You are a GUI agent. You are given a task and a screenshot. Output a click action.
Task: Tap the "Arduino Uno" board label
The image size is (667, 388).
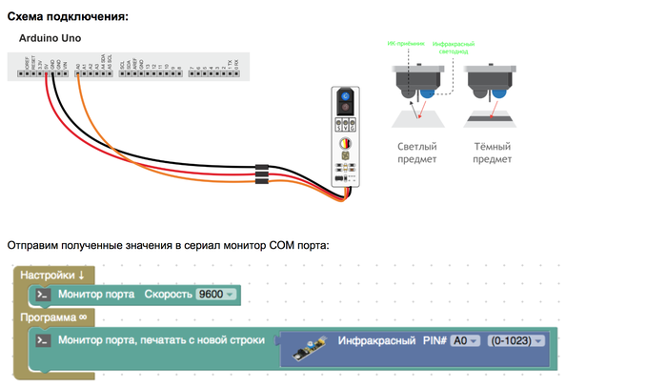pyautogui.click(x=50, y=38)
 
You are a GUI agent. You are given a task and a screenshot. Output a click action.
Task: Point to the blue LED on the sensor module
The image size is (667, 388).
pyautogui.click(x=345, y=96)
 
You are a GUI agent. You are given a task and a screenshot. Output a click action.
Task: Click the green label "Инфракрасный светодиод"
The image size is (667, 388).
pyautogui.click(x=453, y=49)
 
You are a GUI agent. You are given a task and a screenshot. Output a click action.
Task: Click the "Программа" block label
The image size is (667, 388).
pyautogui.click(x=53, y=317)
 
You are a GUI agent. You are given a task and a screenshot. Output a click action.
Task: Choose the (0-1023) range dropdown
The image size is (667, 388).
pyautogui.click(x=515, y=340)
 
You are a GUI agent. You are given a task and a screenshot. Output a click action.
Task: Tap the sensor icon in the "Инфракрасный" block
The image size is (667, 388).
pyautogui.click(x=309, y=341)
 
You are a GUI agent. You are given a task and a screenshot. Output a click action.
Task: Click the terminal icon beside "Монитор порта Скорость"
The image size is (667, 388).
pyautogui.click(x=43, y=295)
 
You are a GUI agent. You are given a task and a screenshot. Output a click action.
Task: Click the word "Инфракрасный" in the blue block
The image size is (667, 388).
pyautogui.click(x=377, y=340)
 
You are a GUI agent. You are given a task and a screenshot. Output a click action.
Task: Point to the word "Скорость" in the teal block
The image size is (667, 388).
pyautogui.click(x=167, y=295)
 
